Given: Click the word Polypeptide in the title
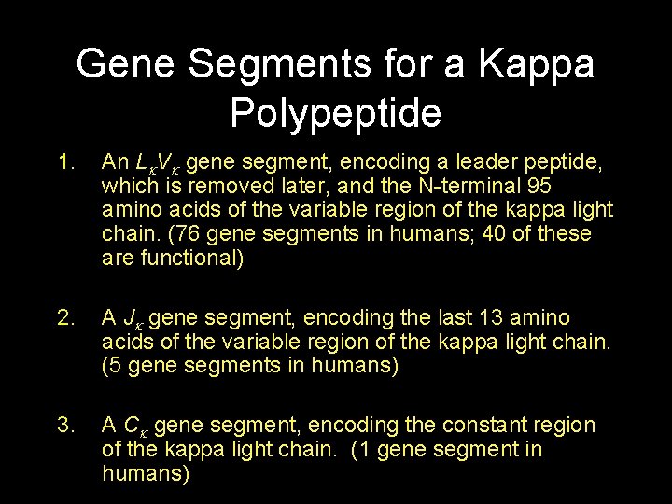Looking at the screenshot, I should (x=335, y=113).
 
